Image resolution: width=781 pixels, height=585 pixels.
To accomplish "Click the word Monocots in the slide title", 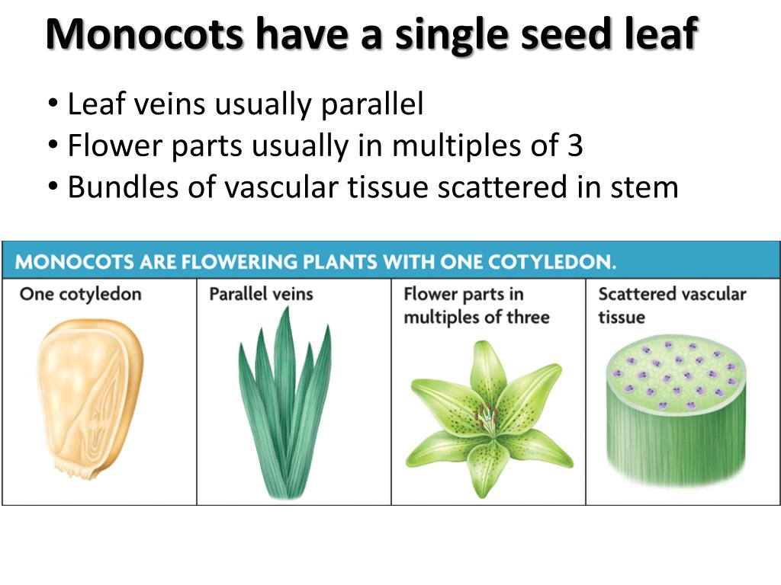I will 144,34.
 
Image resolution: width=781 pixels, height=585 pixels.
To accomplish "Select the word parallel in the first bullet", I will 371,104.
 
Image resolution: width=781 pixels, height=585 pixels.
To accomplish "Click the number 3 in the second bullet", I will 575,145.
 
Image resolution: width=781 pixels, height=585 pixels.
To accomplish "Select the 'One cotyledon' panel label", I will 80,294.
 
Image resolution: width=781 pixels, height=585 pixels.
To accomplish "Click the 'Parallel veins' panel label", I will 261,294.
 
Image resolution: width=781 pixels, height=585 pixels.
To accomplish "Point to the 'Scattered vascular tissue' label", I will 671,305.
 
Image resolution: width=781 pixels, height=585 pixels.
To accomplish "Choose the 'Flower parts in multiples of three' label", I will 476,305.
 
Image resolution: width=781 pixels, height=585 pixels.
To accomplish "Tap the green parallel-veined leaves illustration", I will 284,404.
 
